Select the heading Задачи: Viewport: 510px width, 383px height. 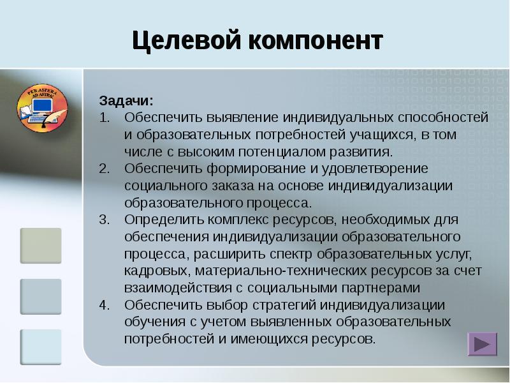pos(126,101)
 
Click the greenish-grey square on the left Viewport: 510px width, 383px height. pos(41,246)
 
